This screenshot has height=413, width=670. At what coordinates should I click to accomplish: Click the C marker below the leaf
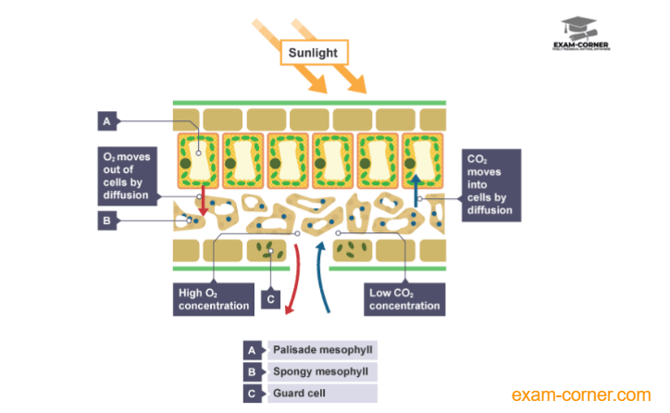[270, 298]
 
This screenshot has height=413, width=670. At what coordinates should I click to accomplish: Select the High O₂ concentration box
[214, 299]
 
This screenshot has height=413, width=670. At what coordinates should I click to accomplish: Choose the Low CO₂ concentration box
[405, 299]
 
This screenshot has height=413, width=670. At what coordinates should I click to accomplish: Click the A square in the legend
[252, 350]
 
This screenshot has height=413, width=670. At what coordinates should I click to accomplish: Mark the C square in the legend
[252, 393]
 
